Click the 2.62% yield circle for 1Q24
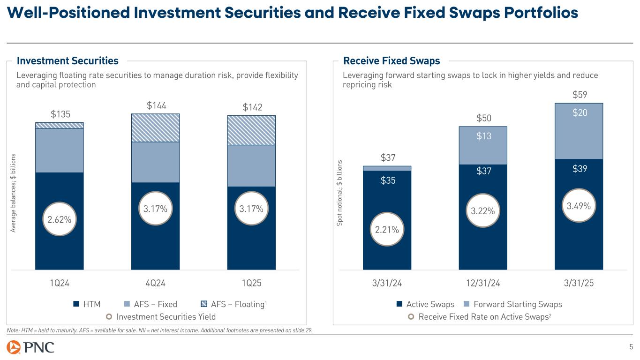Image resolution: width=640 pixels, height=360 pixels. (59, 219)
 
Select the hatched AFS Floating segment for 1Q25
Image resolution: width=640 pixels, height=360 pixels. (251, 130)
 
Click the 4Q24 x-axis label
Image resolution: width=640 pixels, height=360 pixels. (155, 283)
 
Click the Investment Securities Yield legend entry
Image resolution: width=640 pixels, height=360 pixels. (161, 316)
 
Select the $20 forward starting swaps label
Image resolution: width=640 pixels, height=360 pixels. (579, 112)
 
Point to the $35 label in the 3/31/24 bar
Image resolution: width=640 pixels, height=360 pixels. (387, 180)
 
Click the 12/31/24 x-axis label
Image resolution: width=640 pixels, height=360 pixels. (483, 283)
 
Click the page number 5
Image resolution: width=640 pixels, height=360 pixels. (631, 347)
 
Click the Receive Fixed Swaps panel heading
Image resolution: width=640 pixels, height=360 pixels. (392, 61)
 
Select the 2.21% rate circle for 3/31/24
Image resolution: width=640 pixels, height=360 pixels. (387, 230)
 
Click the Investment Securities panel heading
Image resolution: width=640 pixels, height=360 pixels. (68, 61)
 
